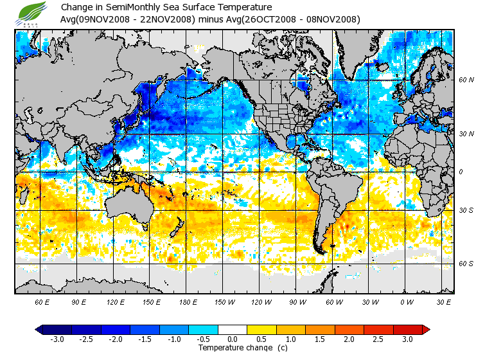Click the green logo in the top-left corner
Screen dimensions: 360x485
[33, 13]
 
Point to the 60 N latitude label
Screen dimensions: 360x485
[466, 80]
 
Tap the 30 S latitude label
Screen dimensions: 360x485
[466, 211]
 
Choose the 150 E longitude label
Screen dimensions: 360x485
[152, 301]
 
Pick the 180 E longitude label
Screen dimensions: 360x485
[188, 301]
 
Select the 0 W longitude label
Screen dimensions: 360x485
[407, 301]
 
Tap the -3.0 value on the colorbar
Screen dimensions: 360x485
[57, 339]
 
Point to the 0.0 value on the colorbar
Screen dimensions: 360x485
[233, 339]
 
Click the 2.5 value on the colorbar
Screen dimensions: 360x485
[379, 339]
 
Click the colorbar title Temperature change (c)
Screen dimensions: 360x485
[233, 348]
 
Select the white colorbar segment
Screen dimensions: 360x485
[233, 330]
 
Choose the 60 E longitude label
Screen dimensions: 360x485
[42, 301]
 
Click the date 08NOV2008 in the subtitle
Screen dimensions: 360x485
[328, 19]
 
